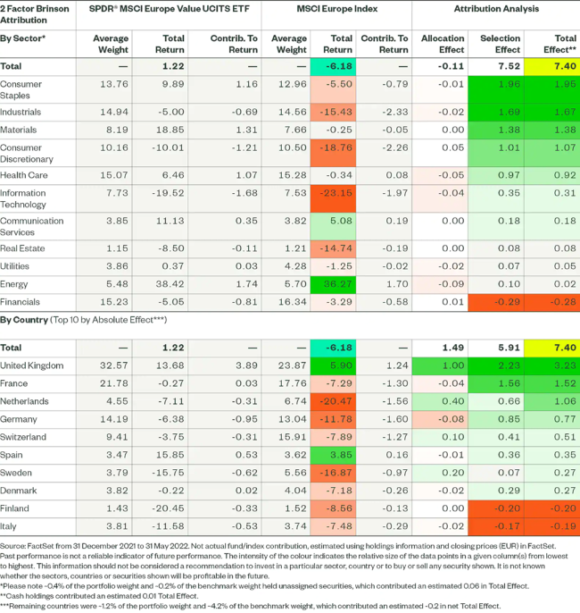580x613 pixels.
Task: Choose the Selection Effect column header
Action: pyautogui.click(x=501, y=42)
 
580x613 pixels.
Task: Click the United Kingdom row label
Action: pyautogui.click(x=31, y=365)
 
